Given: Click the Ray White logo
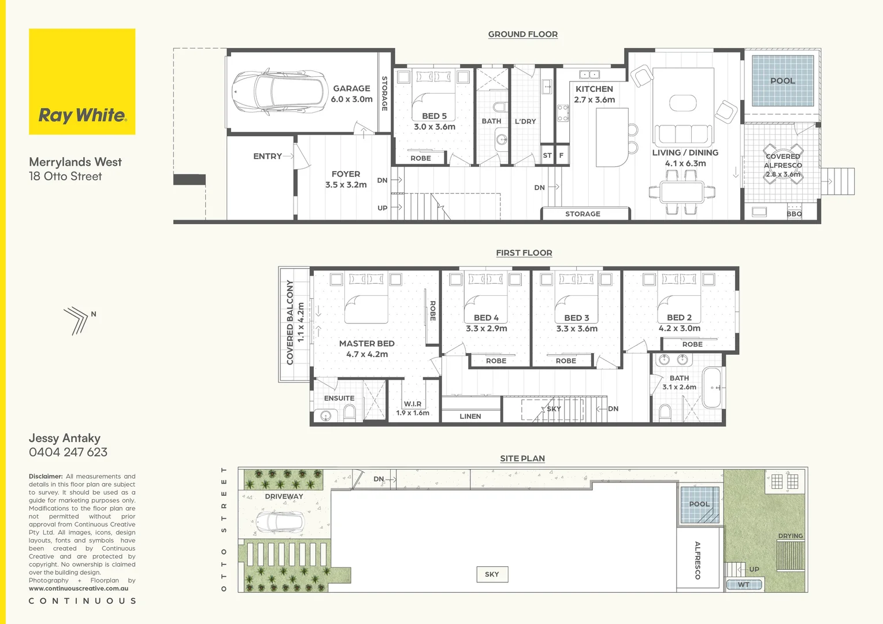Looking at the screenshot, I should (82, 115).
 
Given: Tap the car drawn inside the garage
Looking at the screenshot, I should (277, 92).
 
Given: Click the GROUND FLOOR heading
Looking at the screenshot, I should (522, 34).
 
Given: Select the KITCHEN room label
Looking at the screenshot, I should (594, 89).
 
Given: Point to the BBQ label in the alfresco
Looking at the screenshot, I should (794, 214).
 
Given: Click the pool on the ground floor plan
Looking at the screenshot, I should (782, 81).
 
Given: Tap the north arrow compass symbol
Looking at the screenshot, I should (77, 320).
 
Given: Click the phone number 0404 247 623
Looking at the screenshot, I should (68, 452).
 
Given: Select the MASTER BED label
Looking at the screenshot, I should (366, 343).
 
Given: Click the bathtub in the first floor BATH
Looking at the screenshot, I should (712, 388).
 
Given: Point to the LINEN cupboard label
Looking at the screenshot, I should (470, 416).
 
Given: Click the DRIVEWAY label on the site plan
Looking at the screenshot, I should (284, 496).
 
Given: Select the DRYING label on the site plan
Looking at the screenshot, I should (790, 536).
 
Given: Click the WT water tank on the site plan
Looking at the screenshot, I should (744, 585).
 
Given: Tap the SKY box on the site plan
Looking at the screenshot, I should (492, 574).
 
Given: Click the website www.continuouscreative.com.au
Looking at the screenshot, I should (79, 588).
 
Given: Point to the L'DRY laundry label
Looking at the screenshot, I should (525, 121).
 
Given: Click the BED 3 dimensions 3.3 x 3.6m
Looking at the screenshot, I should (577, 329).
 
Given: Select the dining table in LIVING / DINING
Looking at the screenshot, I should (681, 191).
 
